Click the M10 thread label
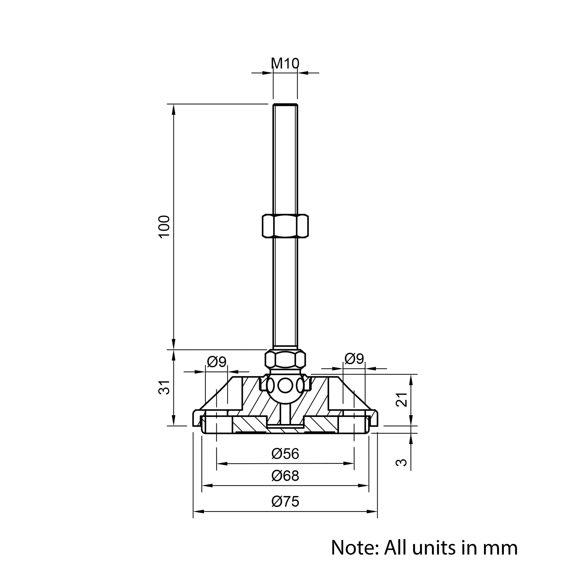point(285,63)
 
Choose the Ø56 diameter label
point(285,454)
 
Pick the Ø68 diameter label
point(285,476)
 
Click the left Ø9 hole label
point(217,362)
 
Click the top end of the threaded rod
point(285,104)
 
